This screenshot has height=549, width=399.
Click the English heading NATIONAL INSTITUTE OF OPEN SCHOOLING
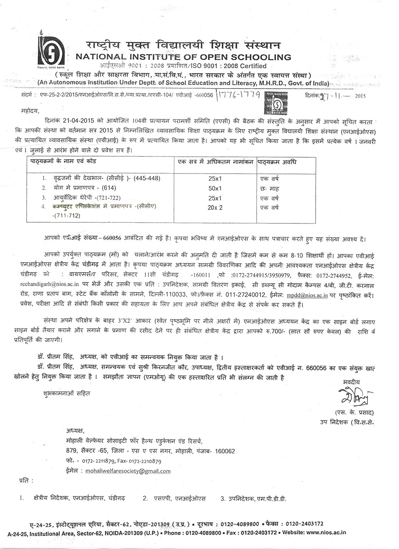(183, 57)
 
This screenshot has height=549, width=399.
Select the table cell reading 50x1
(215, 188)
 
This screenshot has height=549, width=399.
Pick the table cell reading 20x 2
(215, 207)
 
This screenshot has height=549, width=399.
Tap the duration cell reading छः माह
(270, 188)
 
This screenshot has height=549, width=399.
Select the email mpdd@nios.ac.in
(307, 295)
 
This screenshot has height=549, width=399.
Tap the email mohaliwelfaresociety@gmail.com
(128, 471)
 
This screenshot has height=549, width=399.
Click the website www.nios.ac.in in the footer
(326, 533)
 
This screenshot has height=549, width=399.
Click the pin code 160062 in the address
(225, 451)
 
